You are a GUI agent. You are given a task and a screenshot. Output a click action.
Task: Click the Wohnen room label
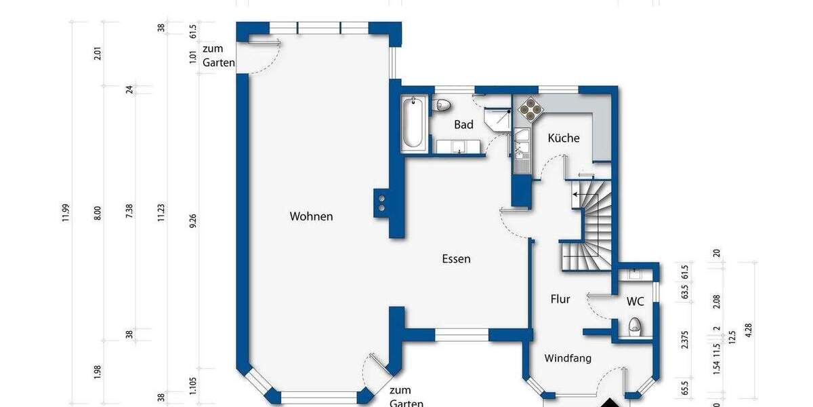pos(311,216)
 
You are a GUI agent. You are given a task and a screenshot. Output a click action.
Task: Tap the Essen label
pos(456,258)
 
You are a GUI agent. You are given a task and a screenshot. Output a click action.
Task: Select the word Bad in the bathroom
pos(463,125)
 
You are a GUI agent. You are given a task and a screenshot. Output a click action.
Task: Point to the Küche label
pos(564,138)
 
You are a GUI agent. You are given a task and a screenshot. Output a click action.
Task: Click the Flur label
pos(560,298)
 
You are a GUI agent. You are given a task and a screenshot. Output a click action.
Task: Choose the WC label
pos(635,301)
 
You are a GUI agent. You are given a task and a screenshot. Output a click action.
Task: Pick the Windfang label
pos(568,357)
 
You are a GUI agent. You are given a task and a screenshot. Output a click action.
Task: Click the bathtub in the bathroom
pos(413,123)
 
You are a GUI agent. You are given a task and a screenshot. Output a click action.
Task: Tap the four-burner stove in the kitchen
pos(529,109)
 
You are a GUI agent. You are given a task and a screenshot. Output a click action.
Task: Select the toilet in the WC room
pos(635,326)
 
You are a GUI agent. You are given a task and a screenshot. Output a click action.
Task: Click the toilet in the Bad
pos(443,104)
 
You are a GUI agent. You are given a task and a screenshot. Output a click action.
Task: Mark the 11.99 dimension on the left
pos(66,214)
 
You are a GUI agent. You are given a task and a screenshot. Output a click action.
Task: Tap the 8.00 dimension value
pos(97,212)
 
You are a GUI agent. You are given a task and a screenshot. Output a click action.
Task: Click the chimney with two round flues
pos(381,204)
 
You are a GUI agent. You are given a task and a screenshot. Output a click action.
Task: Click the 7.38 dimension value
pos(129,211)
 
